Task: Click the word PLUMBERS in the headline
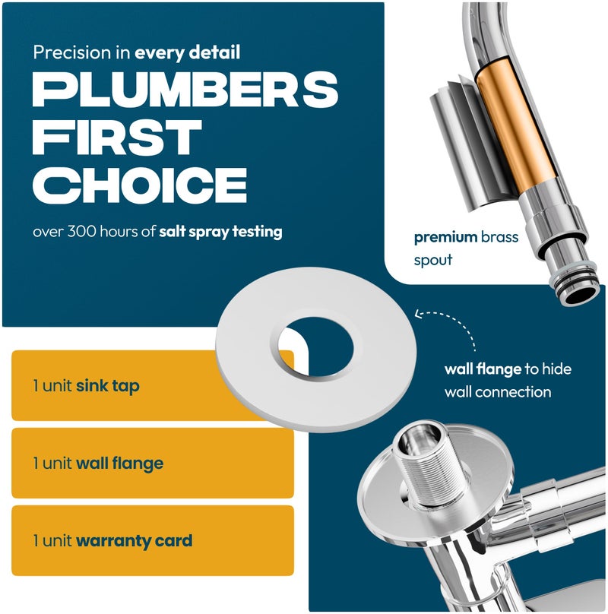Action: (x=185, y=89)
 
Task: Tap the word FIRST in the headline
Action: (x=117, y=137)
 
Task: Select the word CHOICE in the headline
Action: (x=140, y=185)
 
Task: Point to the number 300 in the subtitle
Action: (x=81, y=231)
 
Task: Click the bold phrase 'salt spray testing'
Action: (x=220, y=232)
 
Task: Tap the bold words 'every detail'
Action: (x=187, y=52)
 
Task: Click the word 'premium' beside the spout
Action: (x=445, y=237)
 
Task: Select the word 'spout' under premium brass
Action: (x=433, y=260)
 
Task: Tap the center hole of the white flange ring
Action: (x=315, y=347)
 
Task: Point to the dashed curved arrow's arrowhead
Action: (x=419, y=314)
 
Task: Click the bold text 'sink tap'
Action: (x=108, y=386)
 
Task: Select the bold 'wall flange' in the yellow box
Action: (x=119, y=464)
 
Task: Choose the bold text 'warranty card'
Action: (x=134, y=541)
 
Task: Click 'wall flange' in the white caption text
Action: (x=483, y=369)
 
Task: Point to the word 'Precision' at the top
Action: (x=71, y=52)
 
